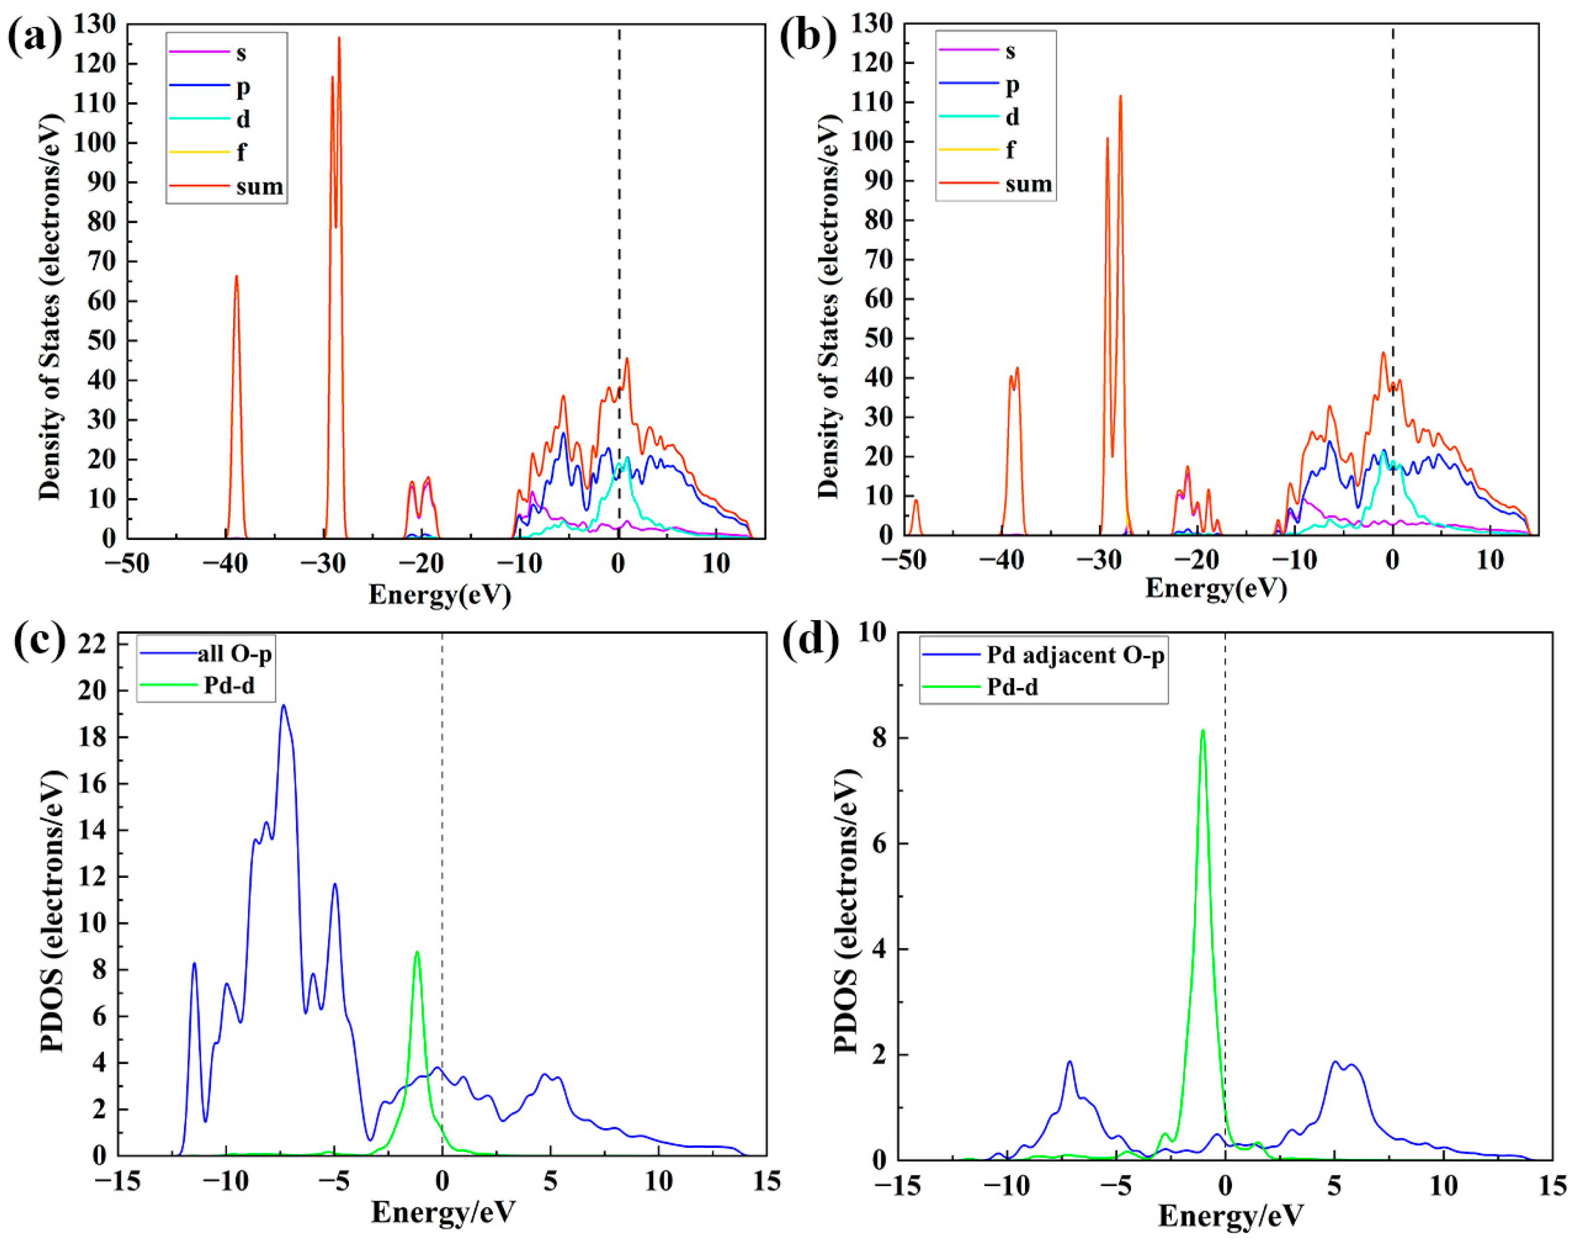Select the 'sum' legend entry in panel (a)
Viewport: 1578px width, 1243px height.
(259, 186)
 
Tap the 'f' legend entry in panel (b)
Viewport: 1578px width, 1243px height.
(1011, 150)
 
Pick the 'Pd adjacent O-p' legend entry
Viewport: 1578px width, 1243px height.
(1074, 656)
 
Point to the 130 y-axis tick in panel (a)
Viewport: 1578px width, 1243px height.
(95, 25)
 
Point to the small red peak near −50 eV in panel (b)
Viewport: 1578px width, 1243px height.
(916, 501)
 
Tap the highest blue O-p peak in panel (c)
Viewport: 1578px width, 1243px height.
(284, 705)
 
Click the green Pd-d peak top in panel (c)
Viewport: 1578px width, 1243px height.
(417, 952)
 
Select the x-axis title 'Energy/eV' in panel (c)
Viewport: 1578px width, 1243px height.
(443, 1212)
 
